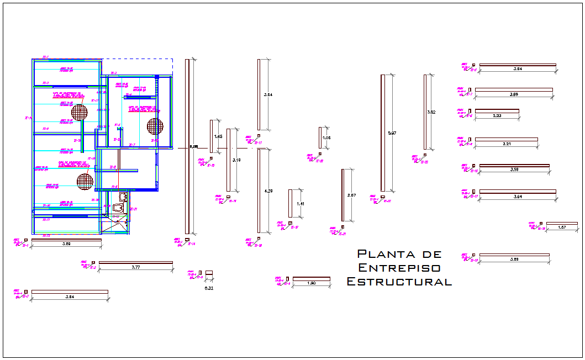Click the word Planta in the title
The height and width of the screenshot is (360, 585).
378,254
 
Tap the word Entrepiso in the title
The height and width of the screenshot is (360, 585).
399,268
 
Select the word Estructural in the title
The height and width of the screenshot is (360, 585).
399,282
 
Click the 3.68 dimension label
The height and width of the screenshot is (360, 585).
513,94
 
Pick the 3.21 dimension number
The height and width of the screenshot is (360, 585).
506,144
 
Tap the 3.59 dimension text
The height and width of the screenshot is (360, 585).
514,170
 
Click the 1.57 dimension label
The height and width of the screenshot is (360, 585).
562,227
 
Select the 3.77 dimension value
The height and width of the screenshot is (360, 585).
135,267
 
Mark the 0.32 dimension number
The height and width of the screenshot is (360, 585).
209,288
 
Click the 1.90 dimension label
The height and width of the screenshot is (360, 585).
311,283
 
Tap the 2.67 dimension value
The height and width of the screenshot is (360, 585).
351,196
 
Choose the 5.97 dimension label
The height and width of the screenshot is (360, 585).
392,133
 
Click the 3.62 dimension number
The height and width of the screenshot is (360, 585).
431,112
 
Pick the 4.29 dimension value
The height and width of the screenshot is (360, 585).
268,191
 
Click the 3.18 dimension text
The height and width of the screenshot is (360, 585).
236,160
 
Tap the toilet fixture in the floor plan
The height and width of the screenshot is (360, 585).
118,208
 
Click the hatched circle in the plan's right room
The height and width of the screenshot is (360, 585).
155,126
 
